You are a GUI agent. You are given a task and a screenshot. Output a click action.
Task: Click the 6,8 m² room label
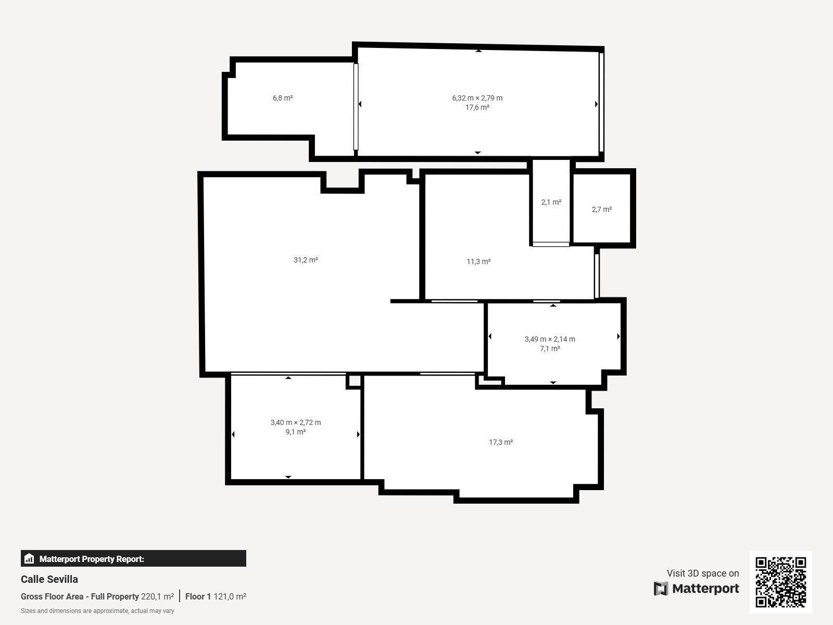282,98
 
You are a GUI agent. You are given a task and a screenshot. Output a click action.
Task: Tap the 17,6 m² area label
477,107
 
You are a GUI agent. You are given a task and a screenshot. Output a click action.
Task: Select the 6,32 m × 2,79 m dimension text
477,98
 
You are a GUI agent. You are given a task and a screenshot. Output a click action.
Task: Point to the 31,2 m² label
306,260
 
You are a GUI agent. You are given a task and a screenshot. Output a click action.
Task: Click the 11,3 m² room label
478,261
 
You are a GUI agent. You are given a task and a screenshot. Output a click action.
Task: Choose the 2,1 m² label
551,202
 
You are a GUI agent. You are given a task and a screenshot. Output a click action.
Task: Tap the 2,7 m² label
601,209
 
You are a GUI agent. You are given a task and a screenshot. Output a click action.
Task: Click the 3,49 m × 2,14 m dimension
549,339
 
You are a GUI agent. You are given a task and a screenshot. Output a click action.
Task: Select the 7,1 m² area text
550,349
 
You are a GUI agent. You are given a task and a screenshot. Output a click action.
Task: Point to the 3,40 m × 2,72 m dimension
296,422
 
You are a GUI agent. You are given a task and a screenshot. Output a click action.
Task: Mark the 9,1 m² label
296,432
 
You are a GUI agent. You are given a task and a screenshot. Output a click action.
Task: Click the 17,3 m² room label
500,442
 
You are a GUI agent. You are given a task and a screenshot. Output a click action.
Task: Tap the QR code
780,582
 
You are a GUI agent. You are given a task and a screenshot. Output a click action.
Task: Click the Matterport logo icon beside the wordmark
661,589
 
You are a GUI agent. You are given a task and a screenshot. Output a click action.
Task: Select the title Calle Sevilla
49,579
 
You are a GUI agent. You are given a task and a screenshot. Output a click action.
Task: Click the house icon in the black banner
29,558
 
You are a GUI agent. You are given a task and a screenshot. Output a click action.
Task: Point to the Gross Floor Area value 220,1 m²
158,596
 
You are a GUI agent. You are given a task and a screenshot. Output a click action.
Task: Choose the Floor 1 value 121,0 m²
230,596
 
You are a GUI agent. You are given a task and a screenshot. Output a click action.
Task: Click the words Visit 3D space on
703,573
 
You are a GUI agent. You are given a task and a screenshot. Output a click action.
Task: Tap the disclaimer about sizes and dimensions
97,611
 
